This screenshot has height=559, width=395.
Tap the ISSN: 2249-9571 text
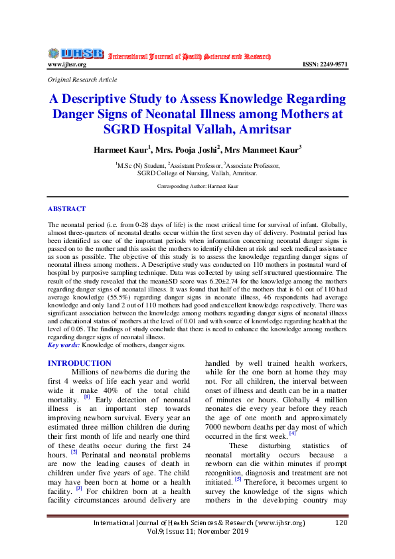(x=325, y=64)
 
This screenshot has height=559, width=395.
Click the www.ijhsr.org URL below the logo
(x=67, y=64)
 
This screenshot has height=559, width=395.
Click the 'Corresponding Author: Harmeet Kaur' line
(x=197, y=187)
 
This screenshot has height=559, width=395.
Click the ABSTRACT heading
(x=67, y=208)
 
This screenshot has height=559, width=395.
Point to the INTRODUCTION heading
(x=80, y=363)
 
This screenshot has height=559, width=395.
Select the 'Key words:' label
(x=64, y=345)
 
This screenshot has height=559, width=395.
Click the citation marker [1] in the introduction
(x=86, y=398)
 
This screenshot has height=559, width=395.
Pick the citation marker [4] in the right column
(x=292, y=433)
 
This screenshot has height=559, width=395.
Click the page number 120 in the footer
(x=341, y=523)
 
